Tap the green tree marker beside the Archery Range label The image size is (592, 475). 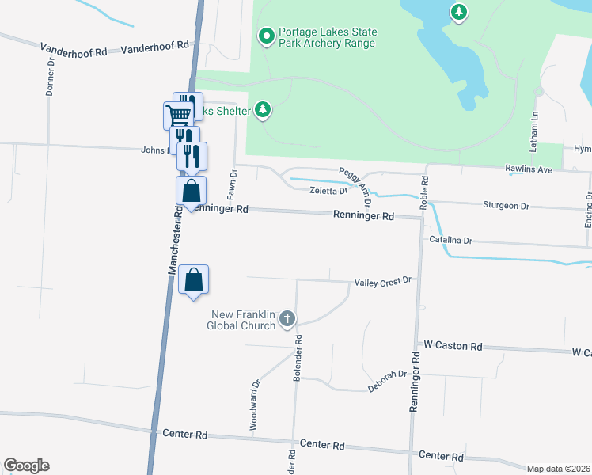(267, 36)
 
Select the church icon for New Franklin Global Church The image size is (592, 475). (287, 319)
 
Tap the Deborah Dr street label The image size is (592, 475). (387, 381)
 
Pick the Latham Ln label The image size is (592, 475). (535, 127)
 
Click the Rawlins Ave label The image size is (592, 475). (529, 169)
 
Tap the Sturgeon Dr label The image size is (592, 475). (505, 205)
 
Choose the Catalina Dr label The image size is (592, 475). (450, 240)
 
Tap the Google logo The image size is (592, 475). (26, 465)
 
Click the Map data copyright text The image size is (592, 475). (558, 469)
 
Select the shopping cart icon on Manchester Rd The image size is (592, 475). (178, 115)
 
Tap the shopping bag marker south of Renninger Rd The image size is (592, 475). (193, 280)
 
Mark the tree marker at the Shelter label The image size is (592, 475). (263, 111)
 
